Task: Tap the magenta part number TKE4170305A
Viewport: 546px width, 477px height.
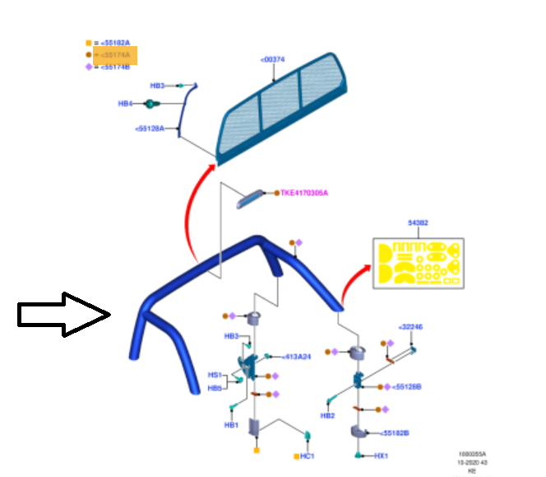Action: point(304,193)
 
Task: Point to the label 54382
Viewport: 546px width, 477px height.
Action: point(418,222)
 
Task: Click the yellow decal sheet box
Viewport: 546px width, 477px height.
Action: point(418,263)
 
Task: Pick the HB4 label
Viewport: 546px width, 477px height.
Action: point(125,104)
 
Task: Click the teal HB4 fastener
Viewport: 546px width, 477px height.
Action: point(151,104)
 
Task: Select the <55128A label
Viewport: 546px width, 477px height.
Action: point(149,129)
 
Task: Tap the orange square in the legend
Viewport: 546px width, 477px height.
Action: point(88,42)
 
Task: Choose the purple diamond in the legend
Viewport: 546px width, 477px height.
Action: point(88,67)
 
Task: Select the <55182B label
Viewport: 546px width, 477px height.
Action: point(395,433)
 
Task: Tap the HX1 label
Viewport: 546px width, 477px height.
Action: point(381,455)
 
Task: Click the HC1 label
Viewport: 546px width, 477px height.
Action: point(307,455)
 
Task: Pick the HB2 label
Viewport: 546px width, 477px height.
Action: point(327,415)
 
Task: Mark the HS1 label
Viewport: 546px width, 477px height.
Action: point(215,375)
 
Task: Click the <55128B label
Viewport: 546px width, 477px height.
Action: point(407,386)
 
